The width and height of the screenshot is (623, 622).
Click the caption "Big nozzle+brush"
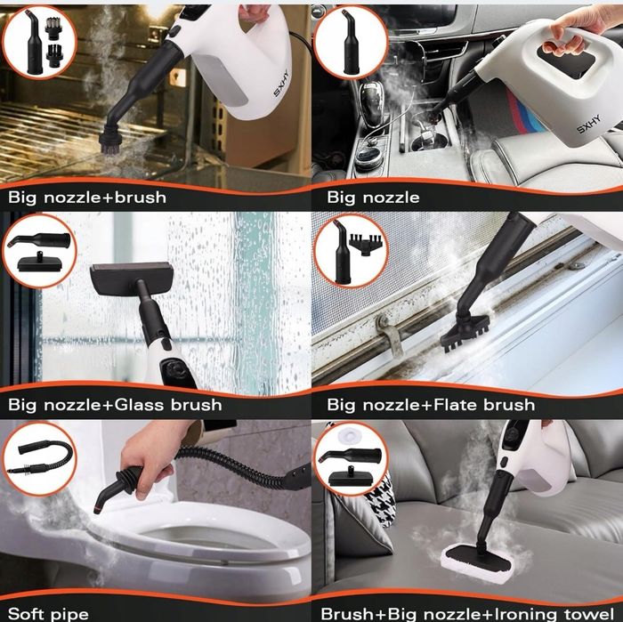tap(87, 198)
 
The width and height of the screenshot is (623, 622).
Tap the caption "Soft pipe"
tap(48, 614)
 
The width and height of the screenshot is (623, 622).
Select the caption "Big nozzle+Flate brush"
tap(431, 405)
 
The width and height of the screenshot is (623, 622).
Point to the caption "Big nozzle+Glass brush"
tap(115, 405)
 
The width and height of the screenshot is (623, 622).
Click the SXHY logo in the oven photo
tap(281, 83)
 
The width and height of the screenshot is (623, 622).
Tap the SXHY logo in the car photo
tap(589, 124)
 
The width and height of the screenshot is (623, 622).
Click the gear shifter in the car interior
tap(372, 103)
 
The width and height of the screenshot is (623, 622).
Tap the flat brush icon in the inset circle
tap(363, 241)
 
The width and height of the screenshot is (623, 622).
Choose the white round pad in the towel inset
tap(349, 436)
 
